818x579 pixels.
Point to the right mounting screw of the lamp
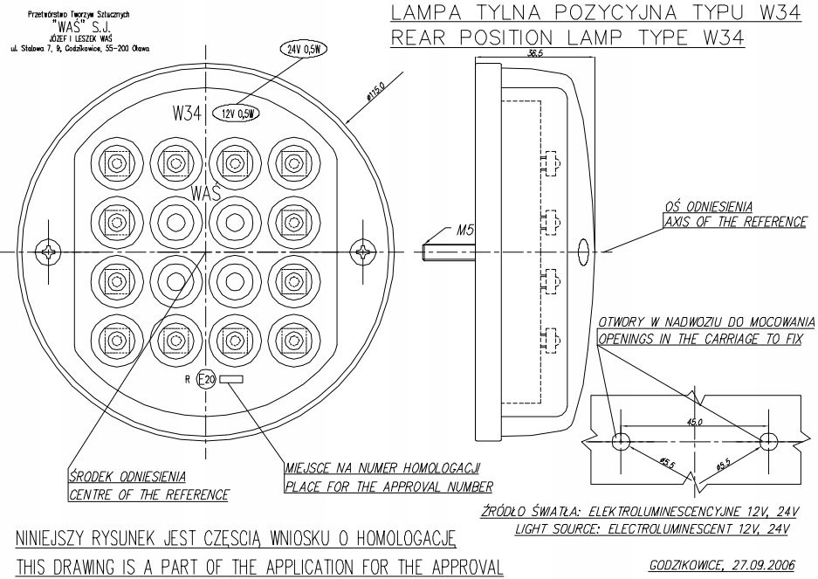(363, 252)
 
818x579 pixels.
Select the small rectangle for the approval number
(231, 379)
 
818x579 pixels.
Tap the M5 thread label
(467, 231)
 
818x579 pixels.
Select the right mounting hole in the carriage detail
(768, 439)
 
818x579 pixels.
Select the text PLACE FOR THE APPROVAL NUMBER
(389, 486)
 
